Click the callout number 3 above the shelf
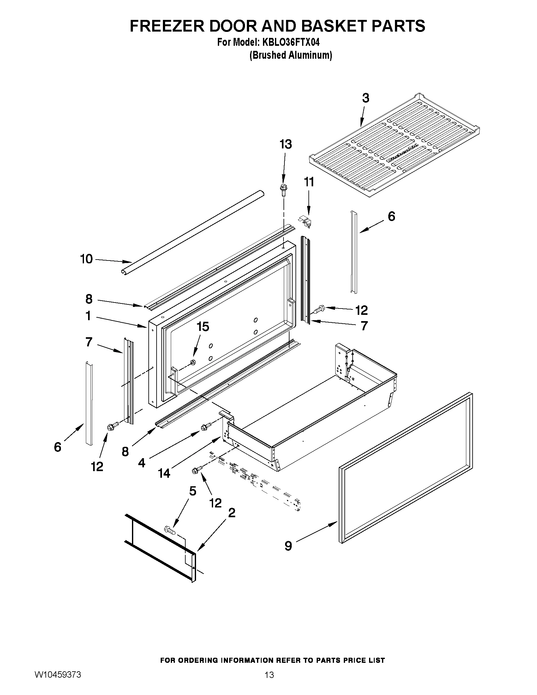point(366,98)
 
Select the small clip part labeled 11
point(305,220)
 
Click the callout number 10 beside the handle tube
point(86,259)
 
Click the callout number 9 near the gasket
point(288,546)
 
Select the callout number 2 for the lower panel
point(232,513)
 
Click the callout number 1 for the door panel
point(88,316)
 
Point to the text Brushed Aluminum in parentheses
point(290,55)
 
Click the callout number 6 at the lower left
point(57,447)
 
